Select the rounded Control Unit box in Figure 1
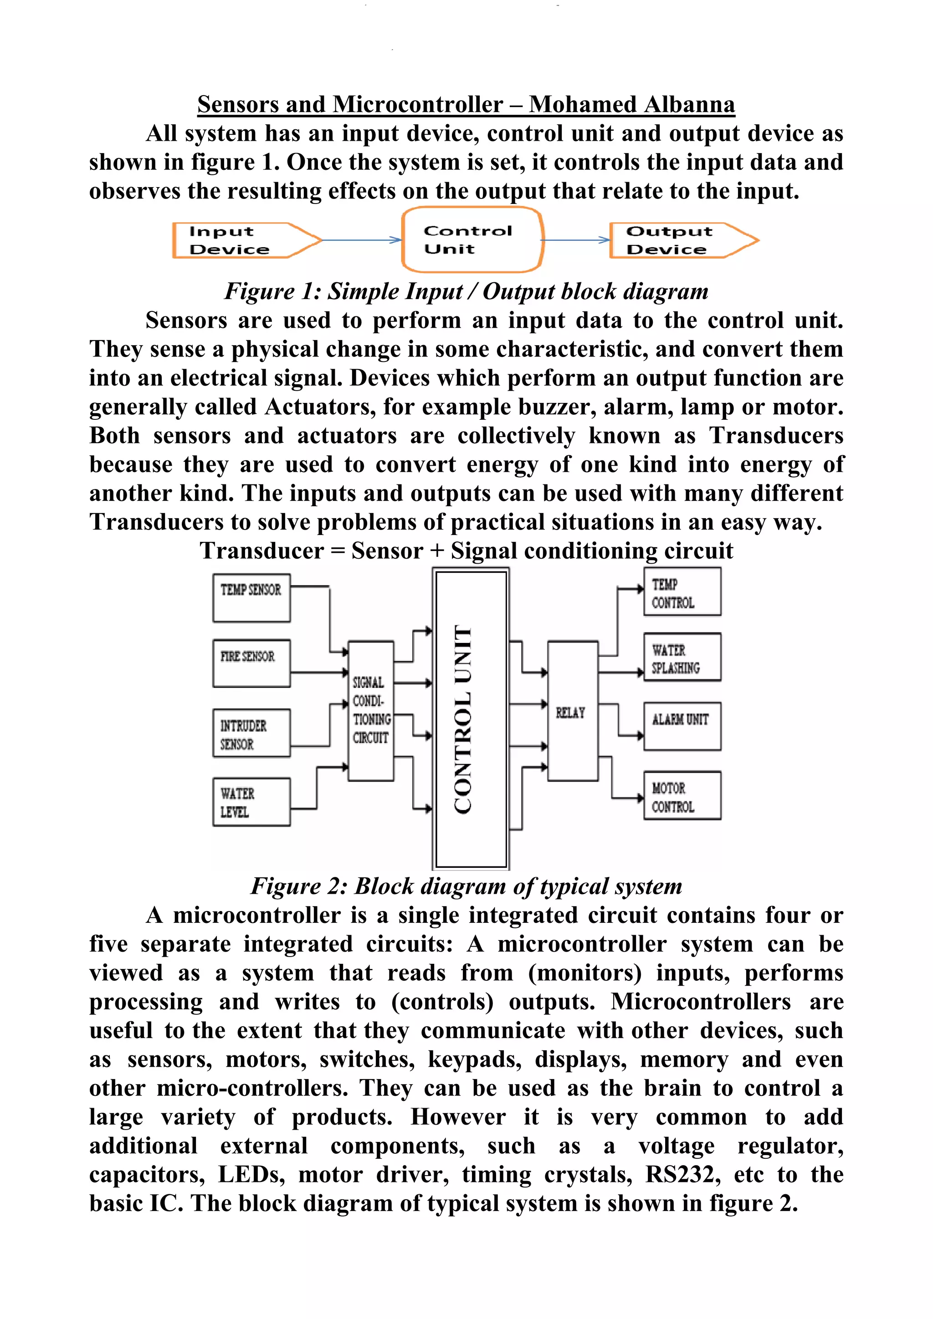(472, 239)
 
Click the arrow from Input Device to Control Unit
(361, 239)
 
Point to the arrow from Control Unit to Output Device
(575, 239)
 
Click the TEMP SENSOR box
(251, 597)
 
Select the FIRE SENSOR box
(251, 663)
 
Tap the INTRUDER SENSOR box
(251, 733)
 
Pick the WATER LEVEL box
(251, 802)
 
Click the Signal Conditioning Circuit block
(371, 711)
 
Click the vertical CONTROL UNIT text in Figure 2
(463, 718)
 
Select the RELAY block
(572, 711)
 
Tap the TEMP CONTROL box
(682, 592)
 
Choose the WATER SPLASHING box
(682, 658)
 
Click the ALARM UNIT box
(682, 726)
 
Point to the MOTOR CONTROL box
(682, 796)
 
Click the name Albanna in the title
(689, 105)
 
